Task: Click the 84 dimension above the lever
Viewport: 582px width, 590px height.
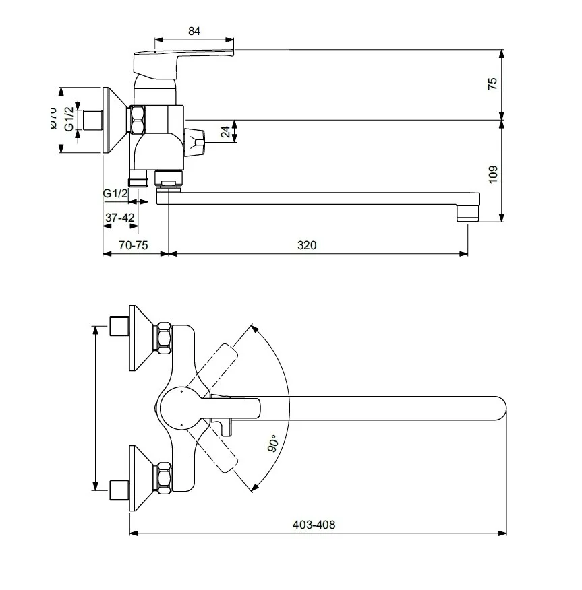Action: tap(194, 30)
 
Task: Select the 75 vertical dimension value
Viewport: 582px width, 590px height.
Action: tap(492, 84)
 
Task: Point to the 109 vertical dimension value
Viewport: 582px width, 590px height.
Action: tap(492, 173)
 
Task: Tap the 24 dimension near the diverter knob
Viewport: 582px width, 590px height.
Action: tap(225, 133)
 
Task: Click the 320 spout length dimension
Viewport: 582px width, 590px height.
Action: tap(307, 245)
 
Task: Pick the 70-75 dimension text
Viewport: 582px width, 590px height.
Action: tap(133, 245)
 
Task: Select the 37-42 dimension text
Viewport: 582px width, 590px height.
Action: tap(120, 218)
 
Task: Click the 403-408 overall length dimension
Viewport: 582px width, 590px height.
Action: tap(315, 525)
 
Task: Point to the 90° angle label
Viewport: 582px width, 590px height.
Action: tap(272, 444)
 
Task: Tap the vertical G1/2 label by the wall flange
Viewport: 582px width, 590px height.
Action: tap(69, 120)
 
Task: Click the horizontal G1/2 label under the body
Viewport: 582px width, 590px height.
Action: tap(115, 193)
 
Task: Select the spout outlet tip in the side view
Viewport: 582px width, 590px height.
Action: tap(467, 214)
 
